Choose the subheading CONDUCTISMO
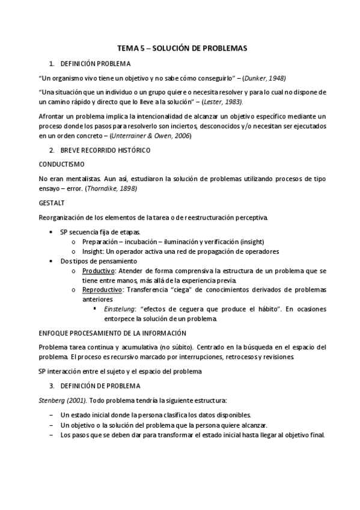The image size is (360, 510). pos(61,164)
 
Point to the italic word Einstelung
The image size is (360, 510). pos(118,309)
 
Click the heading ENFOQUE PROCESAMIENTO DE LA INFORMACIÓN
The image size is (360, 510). pos(112,333)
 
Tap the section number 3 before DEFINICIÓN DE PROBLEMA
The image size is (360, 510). pos(52,386)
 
